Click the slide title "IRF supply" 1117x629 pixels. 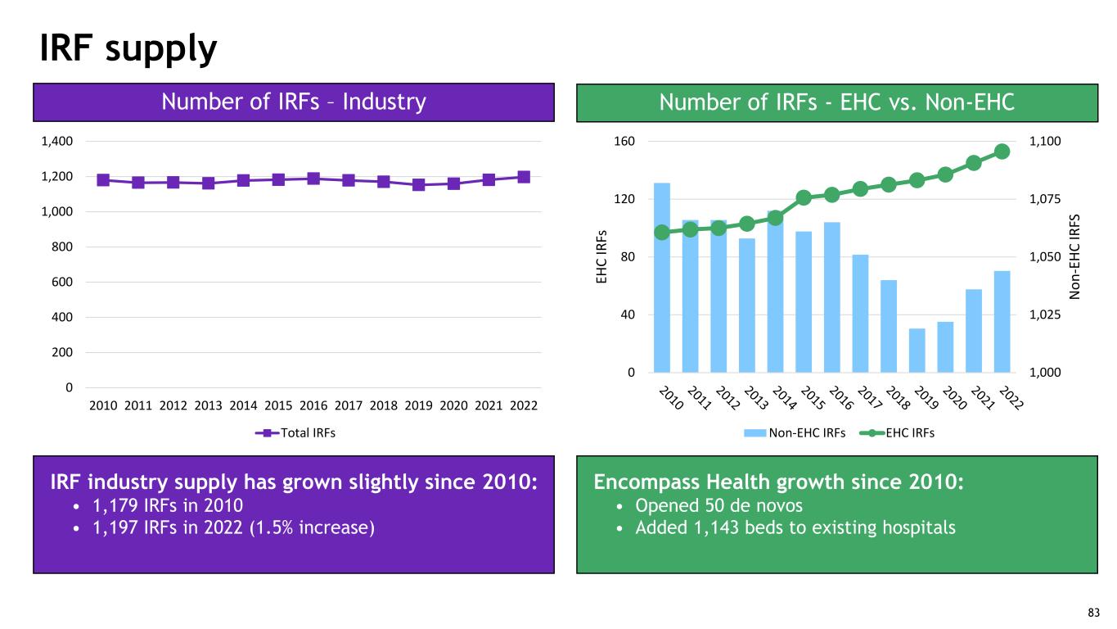coord(128,49)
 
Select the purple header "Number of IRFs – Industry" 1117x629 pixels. coord(294,102)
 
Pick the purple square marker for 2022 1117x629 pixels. coord(524,177)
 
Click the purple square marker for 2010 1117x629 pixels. coord(103,179)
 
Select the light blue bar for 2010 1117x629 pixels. coord(662,278)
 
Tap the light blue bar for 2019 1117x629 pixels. coord(917,351)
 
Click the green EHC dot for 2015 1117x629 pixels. coord(804,197)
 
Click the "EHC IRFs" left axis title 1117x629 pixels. coord(602,256)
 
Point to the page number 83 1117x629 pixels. coord(1093,613)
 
